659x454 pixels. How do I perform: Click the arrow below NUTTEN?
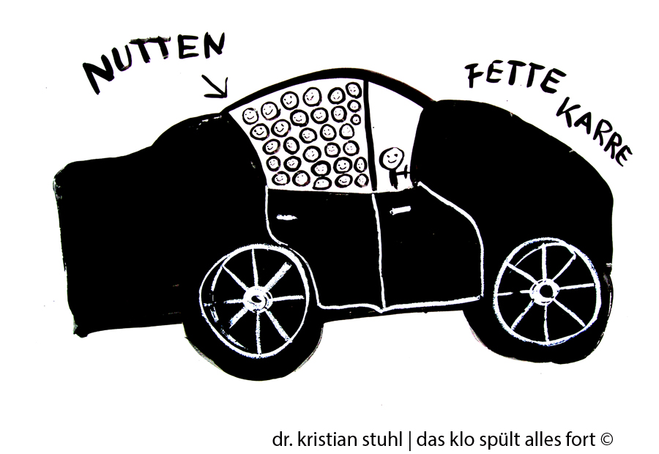tap(215, 86)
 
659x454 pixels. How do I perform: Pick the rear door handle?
tap(286, 217)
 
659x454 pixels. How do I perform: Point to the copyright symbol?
tap(606, 439)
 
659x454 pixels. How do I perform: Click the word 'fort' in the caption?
tap(582, 439)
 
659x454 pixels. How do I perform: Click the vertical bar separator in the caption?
tap(410, 441)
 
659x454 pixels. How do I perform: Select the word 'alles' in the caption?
tap(541, 439)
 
